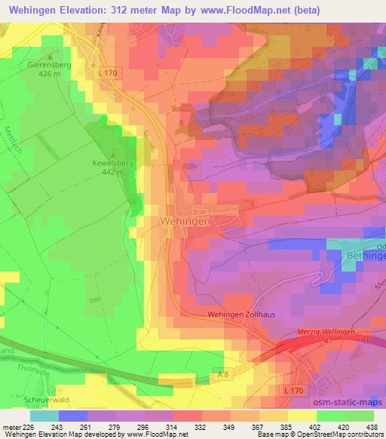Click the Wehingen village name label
(x=185, y=220)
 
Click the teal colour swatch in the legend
(x=44, y=416)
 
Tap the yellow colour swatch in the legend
(x=302, y=416)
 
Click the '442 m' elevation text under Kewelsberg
(x=114, y=173)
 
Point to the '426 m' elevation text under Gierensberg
(x=50, y=74)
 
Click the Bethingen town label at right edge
(x=365, y=256)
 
